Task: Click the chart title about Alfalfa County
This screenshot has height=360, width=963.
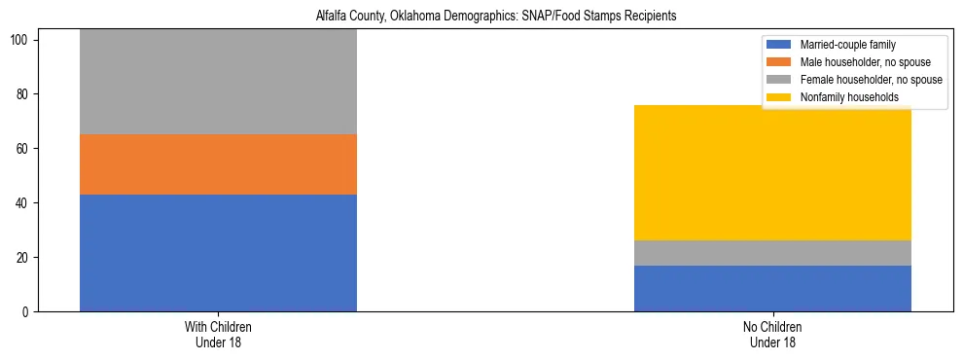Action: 496,17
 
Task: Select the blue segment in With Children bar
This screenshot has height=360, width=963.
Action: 218,253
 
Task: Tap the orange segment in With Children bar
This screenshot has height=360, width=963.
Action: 218,164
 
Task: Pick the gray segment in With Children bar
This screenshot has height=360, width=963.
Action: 218,82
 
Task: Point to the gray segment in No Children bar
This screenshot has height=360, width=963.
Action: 772,253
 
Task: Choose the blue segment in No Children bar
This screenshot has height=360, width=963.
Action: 772,288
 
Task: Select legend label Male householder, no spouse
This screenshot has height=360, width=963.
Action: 861,62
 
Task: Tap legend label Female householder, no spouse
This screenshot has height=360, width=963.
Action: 871,80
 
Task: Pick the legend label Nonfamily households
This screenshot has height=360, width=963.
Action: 842,97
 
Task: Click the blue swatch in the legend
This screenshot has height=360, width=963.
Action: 779,45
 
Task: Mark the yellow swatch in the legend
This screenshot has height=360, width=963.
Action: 779,97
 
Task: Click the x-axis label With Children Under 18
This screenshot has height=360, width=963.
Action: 218,334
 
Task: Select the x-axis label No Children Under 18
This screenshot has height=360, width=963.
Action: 772,334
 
